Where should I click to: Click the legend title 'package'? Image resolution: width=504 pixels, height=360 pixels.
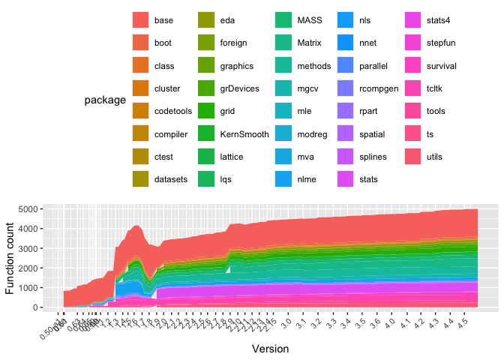[x=105, y=100]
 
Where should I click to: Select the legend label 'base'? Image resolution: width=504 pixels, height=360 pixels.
[x=163, y=20]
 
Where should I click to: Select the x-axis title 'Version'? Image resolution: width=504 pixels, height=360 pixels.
[x=269, y=349]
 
